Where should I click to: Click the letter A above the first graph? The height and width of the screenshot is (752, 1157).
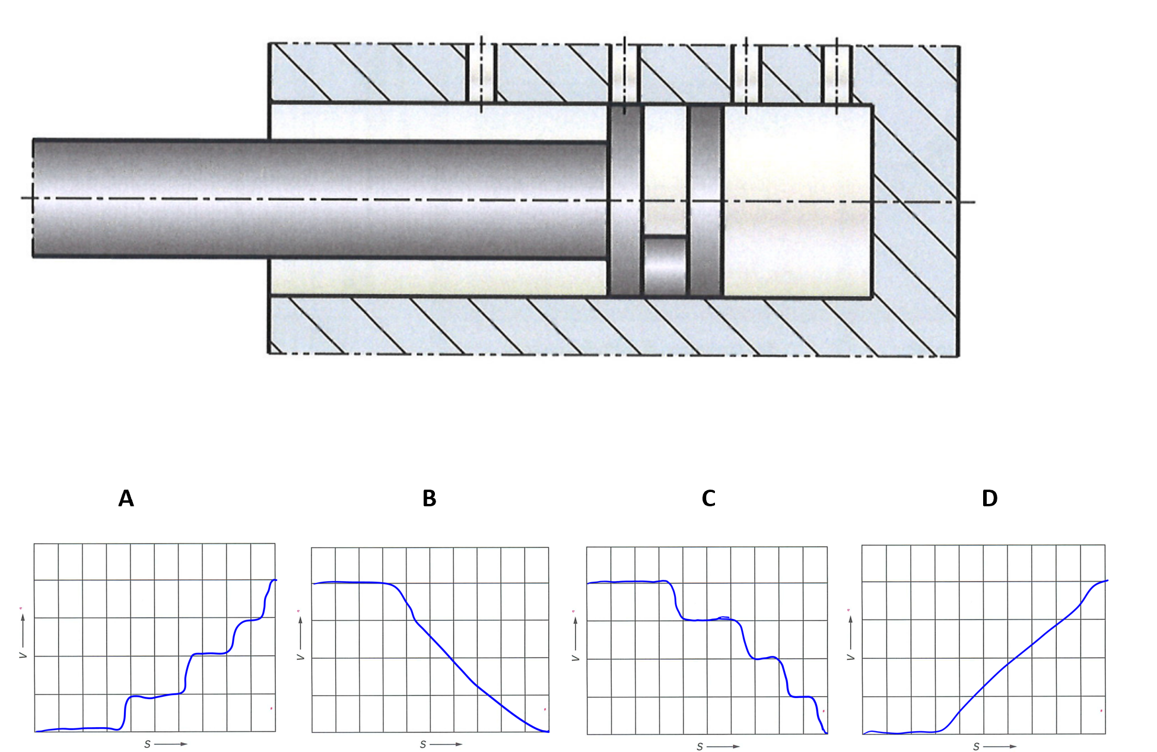click(126, 499)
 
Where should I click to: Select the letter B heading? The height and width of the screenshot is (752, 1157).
click(429, 499)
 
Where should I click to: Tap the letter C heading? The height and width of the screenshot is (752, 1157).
click(708, 499)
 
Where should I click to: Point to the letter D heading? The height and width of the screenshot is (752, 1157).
click(989, 499)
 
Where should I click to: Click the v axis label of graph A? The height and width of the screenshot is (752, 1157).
click(23, 655)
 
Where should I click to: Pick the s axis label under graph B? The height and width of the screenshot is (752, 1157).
click(423, 744)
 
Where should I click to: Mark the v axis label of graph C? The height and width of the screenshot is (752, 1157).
click(575, 658)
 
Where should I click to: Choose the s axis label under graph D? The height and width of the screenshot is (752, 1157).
click(976, 747)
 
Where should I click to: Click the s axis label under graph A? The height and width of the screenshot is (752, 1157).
click(147, 744)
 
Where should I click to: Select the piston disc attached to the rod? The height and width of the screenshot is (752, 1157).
click(625, 201)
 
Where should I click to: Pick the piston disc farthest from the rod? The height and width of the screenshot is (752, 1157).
click(705, 201)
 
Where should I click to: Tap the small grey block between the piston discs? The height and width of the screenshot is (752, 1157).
click(665, 266)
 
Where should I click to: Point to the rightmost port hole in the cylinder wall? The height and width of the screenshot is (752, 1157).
click(837, 74)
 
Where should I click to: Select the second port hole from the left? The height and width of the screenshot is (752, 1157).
click(624, 74)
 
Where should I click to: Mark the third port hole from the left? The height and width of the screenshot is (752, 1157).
click(746, 74)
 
